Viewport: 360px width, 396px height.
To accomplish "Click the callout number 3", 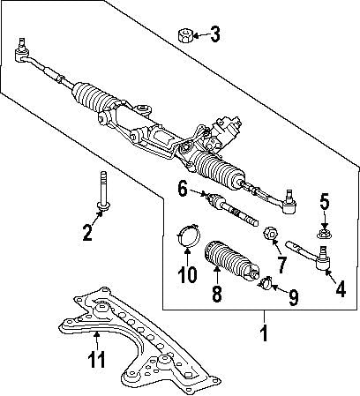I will [x=214, y=36].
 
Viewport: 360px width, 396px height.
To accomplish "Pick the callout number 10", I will [x=185, y=274].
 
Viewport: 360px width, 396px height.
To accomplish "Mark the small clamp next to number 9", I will [x=266, y=284].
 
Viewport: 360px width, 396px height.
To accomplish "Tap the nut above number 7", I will [x=271, y=235].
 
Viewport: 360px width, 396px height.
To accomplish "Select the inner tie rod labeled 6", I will [x=234, y=213].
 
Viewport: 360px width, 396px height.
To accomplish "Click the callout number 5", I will [x=324, y=204].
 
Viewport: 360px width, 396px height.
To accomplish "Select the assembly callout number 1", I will [x=261, y=335].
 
